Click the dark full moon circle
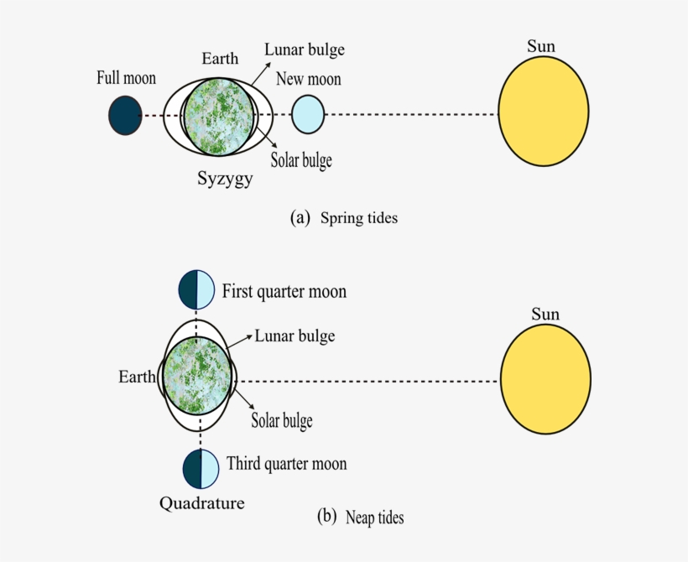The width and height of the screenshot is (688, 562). [x=125, y=115]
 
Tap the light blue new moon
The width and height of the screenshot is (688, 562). [x=308, y=115]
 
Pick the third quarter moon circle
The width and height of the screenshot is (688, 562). [x=201, y=469]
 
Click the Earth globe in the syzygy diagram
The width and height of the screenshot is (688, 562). [x=218, y=115]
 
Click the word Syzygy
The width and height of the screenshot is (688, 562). [x=225, y=179]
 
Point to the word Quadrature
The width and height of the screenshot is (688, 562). [x=202, y=503]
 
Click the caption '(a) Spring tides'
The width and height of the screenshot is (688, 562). [x=343, y=217]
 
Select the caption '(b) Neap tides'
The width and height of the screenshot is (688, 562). [x=360, y=517]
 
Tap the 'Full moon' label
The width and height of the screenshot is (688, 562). [x=126, y=79]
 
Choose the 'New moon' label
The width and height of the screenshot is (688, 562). [x=308, y=80]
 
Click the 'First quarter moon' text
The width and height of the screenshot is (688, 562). [x=284, y=292]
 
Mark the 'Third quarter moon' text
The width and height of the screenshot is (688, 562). [x=286, y=464]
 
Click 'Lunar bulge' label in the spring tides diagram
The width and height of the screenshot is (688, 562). [x=304, y=49]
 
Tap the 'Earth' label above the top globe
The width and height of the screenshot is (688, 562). [x=220, y=59]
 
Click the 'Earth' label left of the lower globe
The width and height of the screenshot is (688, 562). [x=138, y=377]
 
